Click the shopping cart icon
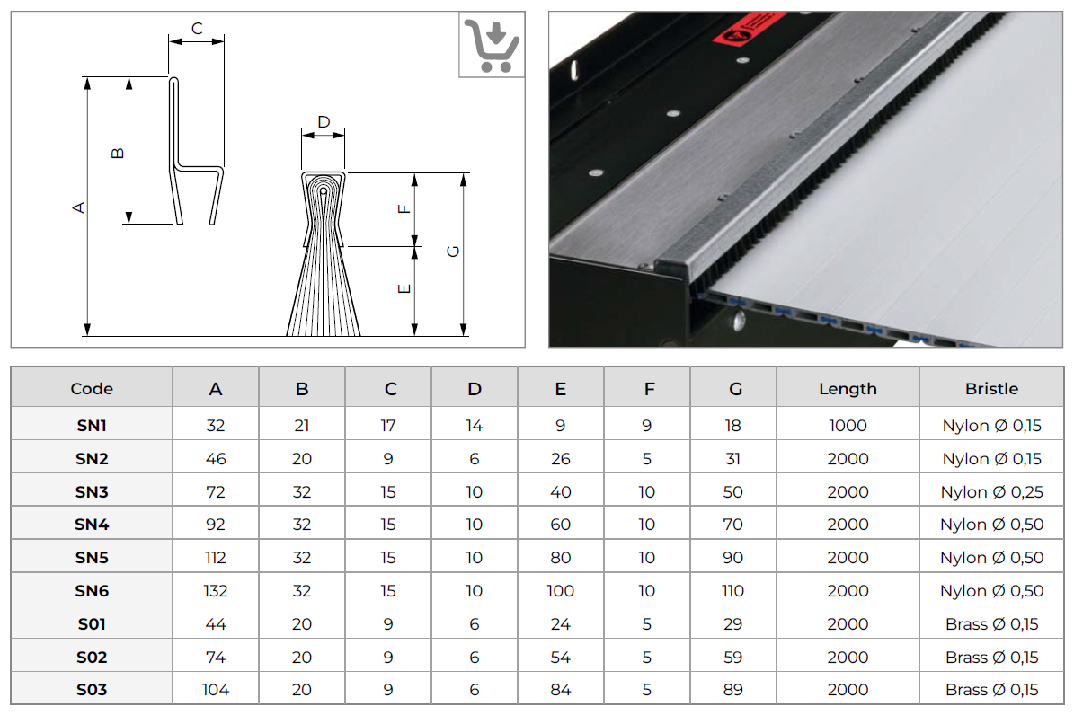492,46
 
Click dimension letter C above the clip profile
197,28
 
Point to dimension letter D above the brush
324,122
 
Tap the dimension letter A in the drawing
79,207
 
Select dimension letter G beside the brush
453,252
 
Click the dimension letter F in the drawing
404,208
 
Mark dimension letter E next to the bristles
404,289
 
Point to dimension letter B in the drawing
118,153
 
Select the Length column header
848,389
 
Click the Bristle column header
991,389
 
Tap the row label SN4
92,525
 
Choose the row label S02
92,658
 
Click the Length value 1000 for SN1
848,426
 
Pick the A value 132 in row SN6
216,591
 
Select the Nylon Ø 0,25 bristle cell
991,492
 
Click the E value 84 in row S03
561,690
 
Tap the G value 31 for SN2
733,459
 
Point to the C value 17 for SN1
388,426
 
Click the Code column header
92,389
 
